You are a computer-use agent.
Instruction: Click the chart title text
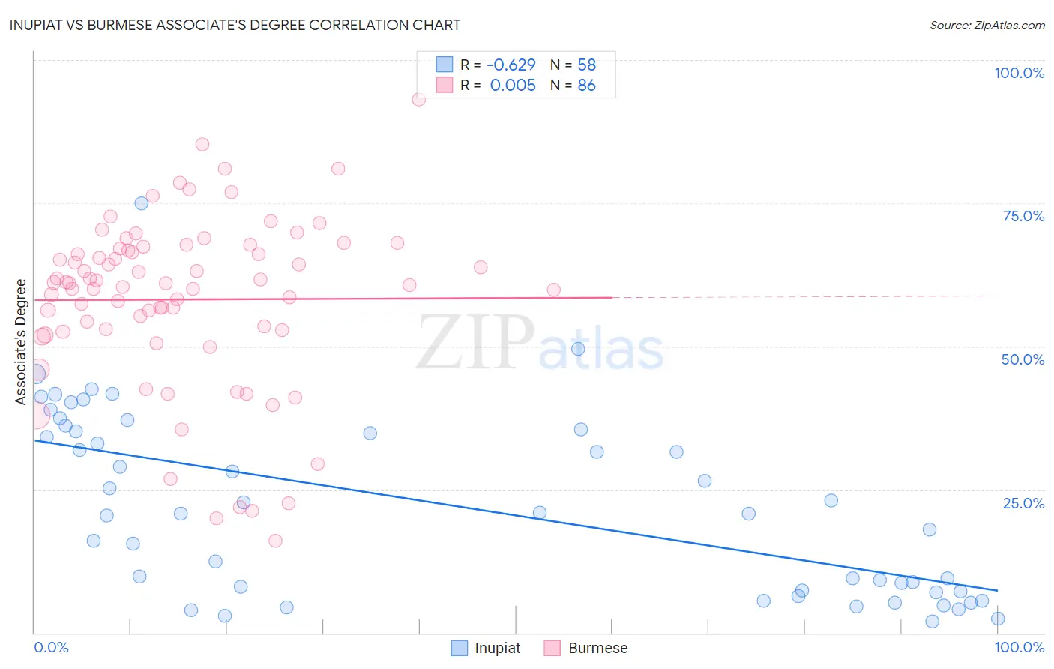[x=235, y=25]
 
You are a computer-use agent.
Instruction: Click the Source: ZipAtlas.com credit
[x=987, y=25]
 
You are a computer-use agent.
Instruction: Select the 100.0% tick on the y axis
[x=1019, y=73]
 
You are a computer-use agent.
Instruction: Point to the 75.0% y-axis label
[x=1023, y=216]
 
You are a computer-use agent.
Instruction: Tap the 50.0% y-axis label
[x=1023, y=359]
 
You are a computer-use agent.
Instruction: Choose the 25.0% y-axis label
[x=1023, y=502]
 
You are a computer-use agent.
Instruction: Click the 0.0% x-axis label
[x=51, y=647]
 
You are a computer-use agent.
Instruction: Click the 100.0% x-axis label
[x=1019, y=647]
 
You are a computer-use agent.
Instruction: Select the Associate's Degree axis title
[x=21, y=341]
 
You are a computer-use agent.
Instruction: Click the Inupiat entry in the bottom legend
[x=496, y=648]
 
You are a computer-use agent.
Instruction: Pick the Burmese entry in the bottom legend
[x=597, y=648]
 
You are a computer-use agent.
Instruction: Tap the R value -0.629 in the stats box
[x=512, y=64]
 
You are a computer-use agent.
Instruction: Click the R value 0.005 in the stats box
[x=513, y=85]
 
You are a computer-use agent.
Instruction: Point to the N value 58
[x=586, y=64]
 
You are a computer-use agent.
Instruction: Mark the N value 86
[x=586, y=85]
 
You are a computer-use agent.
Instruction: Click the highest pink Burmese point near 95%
[x=418, y=99]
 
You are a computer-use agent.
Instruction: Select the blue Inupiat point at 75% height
[x=141, y=203]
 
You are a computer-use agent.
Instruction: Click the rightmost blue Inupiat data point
[x=997, y=619]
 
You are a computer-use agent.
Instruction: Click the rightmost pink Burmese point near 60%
[x=553, y=289]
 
